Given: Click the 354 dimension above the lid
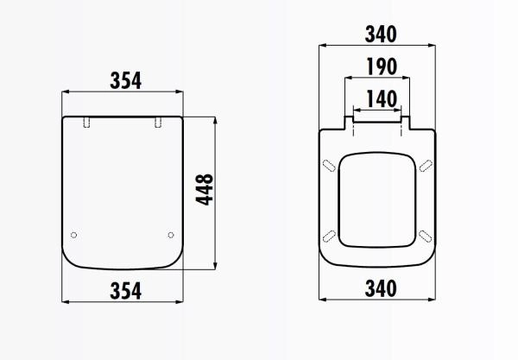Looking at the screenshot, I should point(125,80).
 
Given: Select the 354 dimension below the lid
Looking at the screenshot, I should point(125,289).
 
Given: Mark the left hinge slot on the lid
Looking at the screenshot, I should point(87,123).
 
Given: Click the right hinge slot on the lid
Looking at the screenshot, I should point(158,123).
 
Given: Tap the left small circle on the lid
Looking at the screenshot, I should point(73,235).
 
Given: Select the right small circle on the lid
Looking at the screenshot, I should point(171,235).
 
